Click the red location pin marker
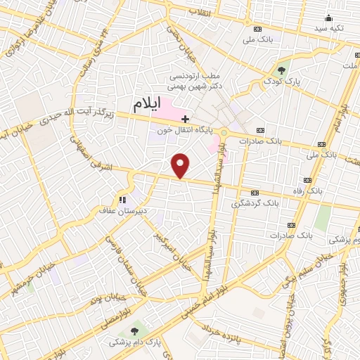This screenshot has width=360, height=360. point(181,166)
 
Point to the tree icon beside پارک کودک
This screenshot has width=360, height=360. point(281,70)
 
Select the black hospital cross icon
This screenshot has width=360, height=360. point(184,118)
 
